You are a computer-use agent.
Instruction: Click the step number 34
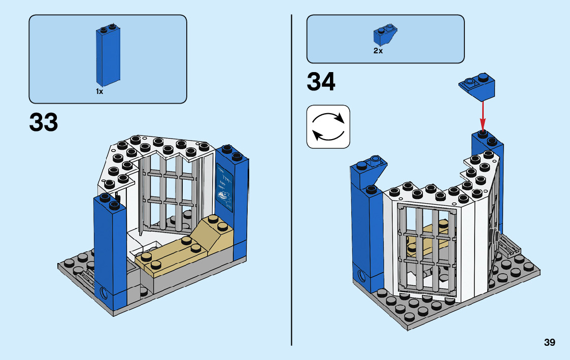(x=321, y=82)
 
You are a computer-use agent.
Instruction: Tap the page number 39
(x=549, y=342)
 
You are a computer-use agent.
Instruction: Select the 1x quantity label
(x=99, y=92)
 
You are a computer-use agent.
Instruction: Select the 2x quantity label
(x=378, y=51)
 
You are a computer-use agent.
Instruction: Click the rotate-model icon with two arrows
(x=328, y=126)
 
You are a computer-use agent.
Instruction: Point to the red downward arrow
(x=482, y=114)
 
